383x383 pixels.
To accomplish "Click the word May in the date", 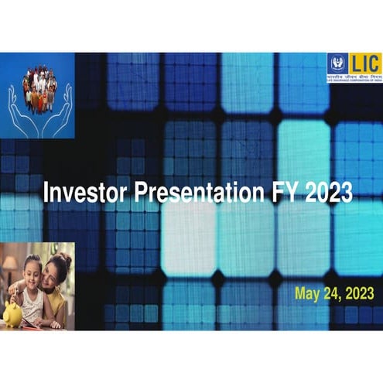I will pyautogui.click(x=309, y=293).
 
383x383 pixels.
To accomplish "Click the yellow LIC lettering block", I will pyautogui.click(x=365, y=64).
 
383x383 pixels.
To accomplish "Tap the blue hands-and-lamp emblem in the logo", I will pyautogui.click(x=337, y=65).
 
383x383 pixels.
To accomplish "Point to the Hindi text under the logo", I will pyautogui.click(x=354, y=78).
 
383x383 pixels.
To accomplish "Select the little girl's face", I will pyautogui.click(x=32, y=271).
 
